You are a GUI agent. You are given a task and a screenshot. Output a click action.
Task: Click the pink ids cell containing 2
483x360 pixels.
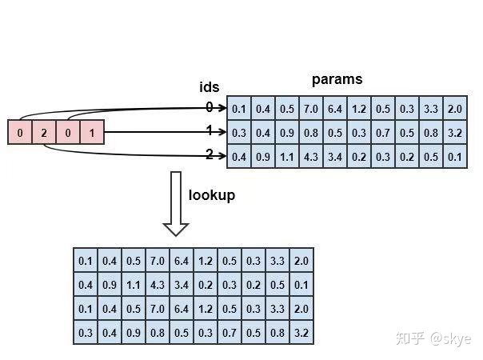pos(43,132)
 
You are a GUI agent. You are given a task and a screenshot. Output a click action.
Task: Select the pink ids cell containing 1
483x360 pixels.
pos(92,132)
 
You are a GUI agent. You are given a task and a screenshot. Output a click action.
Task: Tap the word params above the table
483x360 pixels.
pos(337,79)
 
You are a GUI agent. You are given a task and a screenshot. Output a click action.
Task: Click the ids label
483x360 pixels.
pos(209,87)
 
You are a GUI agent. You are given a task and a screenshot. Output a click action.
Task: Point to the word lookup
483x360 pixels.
pos(211,194)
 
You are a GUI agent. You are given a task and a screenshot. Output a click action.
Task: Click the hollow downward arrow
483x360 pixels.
pos(176,203)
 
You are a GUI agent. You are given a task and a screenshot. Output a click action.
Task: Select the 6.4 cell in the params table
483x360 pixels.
pos(334,109)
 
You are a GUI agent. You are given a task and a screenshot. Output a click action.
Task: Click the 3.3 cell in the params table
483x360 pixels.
pos(432,109)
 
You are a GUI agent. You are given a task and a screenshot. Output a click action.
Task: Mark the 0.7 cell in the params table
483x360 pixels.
pos(383,133)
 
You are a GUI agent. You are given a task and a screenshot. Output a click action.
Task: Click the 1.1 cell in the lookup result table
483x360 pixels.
pos(134,284)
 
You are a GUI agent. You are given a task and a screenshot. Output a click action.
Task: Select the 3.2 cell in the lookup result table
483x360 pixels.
pos(301,332)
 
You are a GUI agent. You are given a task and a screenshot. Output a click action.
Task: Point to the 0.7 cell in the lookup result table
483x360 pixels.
pos(229,332)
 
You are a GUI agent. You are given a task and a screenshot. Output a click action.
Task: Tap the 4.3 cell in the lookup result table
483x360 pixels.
pos(158,284)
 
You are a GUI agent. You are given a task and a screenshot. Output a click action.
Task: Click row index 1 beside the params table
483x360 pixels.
pos(210,131)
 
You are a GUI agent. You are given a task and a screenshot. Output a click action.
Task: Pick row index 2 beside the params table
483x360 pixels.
pos(210,155)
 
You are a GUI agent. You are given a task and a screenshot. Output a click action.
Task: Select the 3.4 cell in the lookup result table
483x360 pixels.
pos(182,284)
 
